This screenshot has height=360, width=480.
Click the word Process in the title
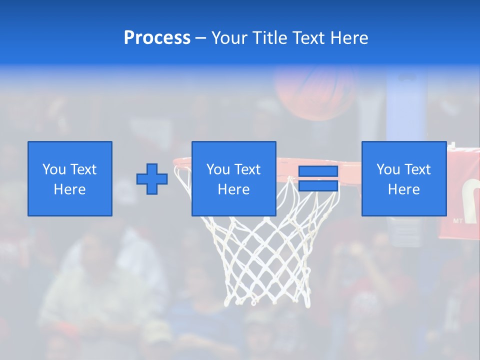pyautogui.click(x=157, y=38)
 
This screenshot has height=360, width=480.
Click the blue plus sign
pyautogui.click(x=152, y=179)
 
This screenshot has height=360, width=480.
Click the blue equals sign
pyautogui.click(x=318, y=179)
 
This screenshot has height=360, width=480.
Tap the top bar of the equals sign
pyautogui.click(x=318, y=171)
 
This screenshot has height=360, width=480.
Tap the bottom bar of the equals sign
pyautogui.click(x=318, y=186)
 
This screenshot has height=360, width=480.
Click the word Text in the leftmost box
pyautogui.click(x=83, y=169)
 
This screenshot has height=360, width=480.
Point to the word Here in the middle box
pyautogui.click(x=233, y=189)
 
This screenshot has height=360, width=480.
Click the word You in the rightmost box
pyautogui.click(x=388, y=169)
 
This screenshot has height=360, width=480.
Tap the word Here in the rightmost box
pyautogui.click(x=403, y=189)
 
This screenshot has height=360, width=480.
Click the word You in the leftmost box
pyautogui.click(x=54, y=169)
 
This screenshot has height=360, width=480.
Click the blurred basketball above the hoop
pyautogui.click(x=312, y=92)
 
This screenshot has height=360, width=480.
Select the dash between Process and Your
pyautogui.click(x=201, y=38)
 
